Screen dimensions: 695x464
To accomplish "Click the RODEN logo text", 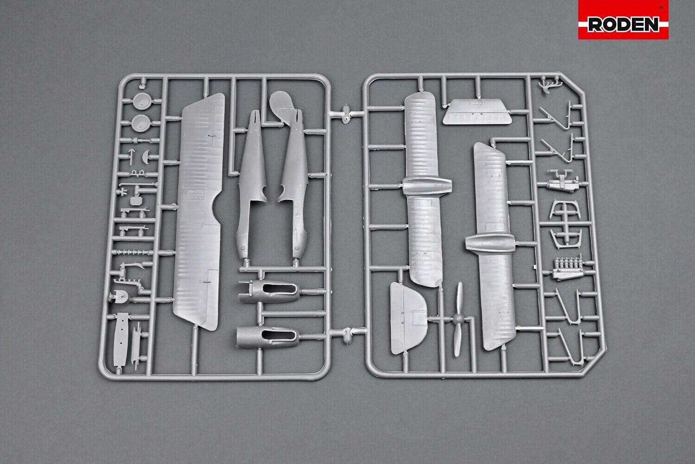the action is [623, 24].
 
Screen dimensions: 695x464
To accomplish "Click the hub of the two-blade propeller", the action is [458, 318].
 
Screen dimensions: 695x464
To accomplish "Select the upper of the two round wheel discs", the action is [141, 101].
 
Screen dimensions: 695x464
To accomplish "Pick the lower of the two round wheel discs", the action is [141, 123].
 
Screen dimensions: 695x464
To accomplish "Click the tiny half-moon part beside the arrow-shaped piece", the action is [146, 156].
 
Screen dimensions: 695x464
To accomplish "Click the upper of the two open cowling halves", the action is [269, 292].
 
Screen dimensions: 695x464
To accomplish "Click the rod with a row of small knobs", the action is [133, 252].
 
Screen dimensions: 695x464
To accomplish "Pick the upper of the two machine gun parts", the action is [134, 212].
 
